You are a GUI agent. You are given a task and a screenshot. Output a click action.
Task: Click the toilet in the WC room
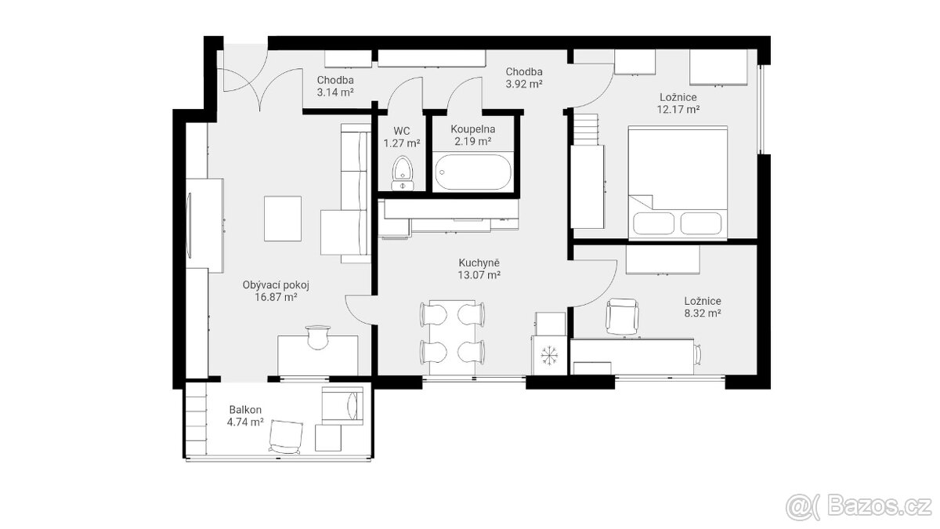(x=403, y=173)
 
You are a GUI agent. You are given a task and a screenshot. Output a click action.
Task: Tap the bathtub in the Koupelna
(x=473, y=172)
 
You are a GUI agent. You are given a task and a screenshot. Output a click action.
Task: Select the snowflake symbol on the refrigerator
(x=549, y=355)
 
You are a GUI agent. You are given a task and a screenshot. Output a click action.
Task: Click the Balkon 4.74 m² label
(x=245, y=415)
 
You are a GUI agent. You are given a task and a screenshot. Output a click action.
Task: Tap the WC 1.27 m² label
(x=402, y=137)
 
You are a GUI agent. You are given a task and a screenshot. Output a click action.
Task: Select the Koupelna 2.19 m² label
(x=473, y=135)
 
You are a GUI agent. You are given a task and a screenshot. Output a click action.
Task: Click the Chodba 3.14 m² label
(x=335, y=86)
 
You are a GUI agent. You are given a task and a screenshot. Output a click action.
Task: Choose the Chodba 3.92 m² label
(x=524, y=78)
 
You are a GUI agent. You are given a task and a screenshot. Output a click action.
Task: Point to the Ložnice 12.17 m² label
(x=678, y=103)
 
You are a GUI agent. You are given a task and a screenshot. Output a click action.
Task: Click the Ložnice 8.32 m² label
(x=703, y=307)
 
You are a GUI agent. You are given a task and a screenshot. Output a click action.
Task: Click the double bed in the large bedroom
(x=678, y=183)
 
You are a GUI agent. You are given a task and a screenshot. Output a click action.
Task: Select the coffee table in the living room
(x=283, y=219)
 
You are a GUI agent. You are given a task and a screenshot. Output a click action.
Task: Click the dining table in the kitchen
(x=453, y=338)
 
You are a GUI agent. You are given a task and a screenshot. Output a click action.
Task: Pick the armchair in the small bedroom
(x=622, y=317)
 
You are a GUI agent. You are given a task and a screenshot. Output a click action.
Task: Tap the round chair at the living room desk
(x=318, y=338)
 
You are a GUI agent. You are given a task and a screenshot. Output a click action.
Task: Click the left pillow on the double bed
(x=653, y=223)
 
